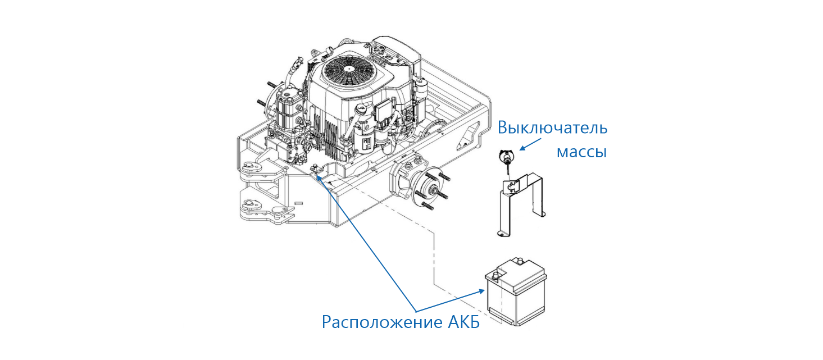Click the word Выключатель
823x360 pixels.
pos(553,128)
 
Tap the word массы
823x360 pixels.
pos(581,151)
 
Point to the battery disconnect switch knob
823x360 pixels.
pos(504,157)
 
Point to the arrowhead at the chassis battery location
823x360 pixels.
pos(319,177)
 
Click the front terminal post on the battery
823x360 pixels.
pos(496,276)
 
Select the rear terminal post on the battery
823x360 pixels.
pos(520,261)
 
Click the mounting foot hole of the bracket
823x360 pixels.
pos(501,232)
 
